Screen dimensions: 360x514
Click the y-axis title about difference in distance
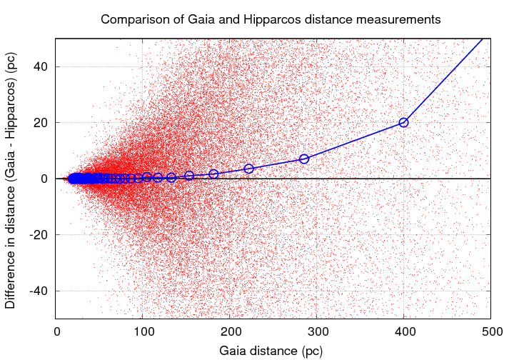point(11,179)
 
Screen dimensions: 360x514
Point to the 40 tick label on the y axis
point(41,66)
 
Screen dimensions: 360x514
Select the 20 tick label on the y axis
point(41,122)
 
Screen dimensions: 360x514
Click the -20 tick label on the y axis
point(39,235)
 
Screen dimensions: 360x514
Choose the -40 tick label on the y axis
point(39,291)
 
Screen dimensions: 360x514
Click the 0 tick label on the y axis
point(45,179)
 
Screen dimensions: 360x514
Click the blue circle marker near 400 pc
point(403,122)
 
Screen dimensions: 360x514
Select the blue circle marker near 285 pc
point(304,159)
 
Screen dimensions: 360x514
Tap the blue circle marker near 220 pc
point(248,169)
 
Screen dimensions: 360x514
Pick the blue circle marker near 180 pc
point(213,174)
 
